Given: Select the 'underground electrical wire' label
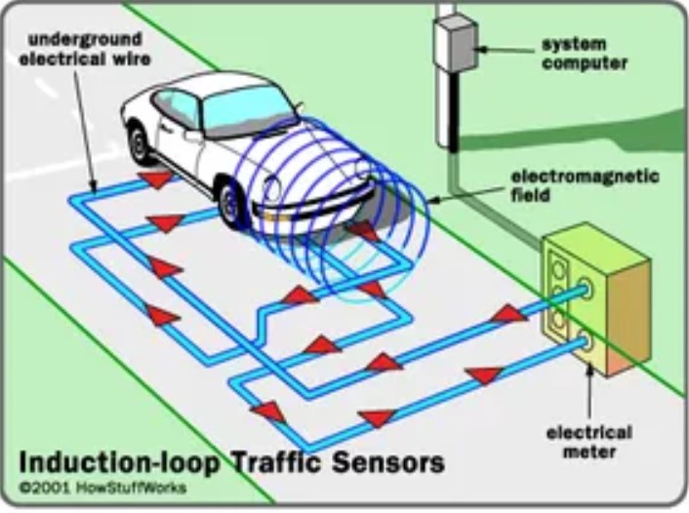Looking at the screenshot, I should (x=85, y=48).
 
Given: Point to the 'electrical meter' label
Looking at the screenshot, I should (x=588, y=441).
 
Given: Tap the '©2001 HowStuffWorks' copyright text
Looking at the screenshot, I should (x=101, y=487).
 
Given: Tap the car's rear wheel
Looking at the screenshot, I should (x=139, y=144).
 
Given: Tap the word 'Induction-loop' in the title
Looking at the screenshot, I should (x=120, y=460).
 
